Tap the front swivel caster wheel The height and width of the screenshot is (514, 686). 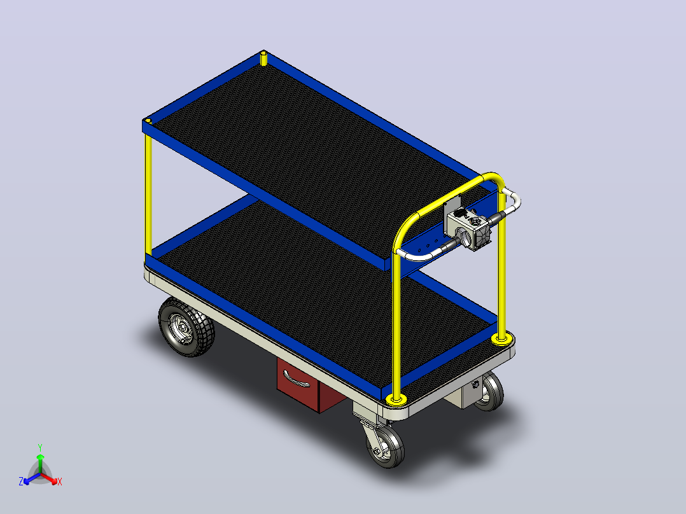[x=385, y=446]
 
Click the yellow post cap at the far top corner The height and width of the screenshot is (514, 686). [x=263, y=58]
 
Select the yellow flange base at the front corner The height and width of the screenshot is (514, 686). [x=396, y=398]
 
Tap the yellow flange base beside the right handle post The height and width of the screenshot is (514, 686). [x=501, y=338]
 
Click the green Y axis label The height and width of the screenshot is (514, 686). [x=40, y=447]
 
